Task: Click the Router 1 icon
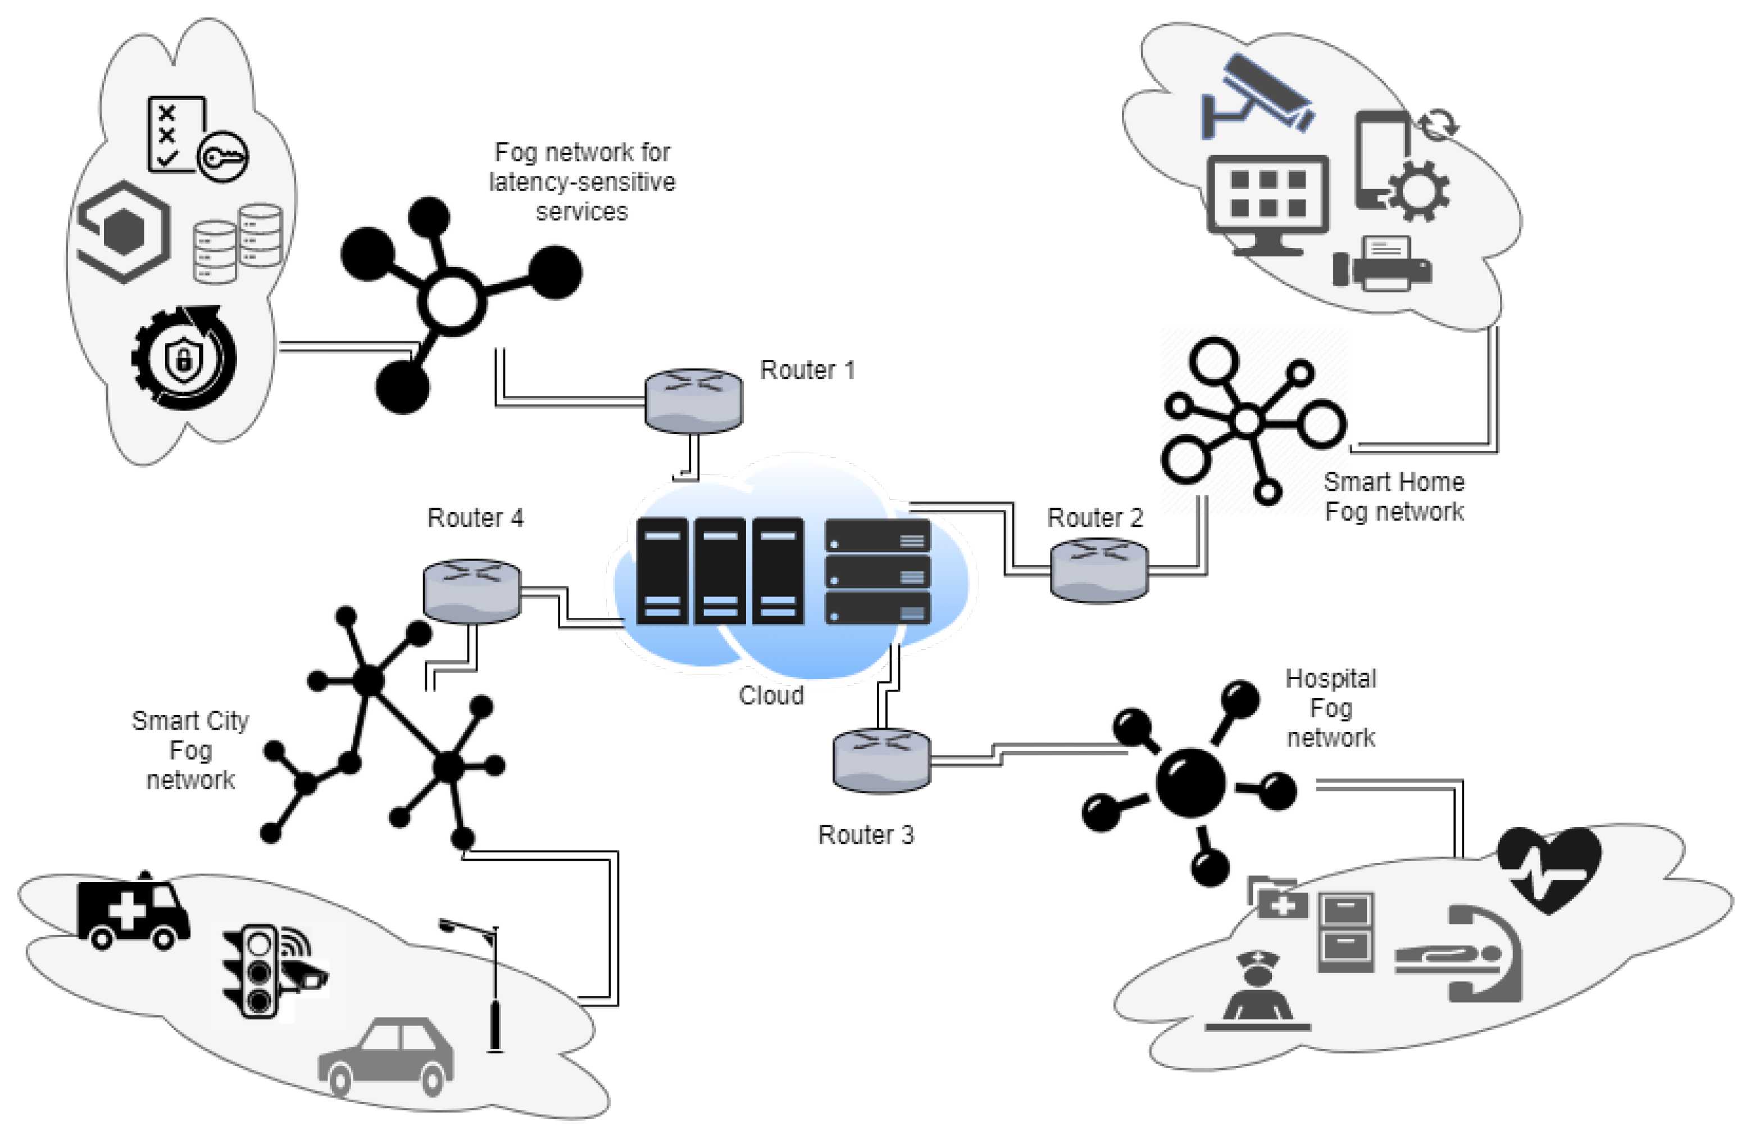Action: point(693,401)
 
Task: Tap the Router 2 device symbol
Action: point(1098,570)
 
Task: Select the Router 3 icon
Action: point(881,760)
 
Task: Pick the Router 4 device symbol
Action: point(472,591)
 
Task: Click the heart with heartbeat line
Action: point(1549,868)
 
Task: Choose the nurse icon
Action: point(1257,989)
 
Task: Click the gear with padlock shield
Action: point(184,358)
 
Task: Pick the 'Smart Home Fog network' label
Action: point(1393,496)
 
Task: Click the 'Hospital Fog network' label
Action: point(1330,708)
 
